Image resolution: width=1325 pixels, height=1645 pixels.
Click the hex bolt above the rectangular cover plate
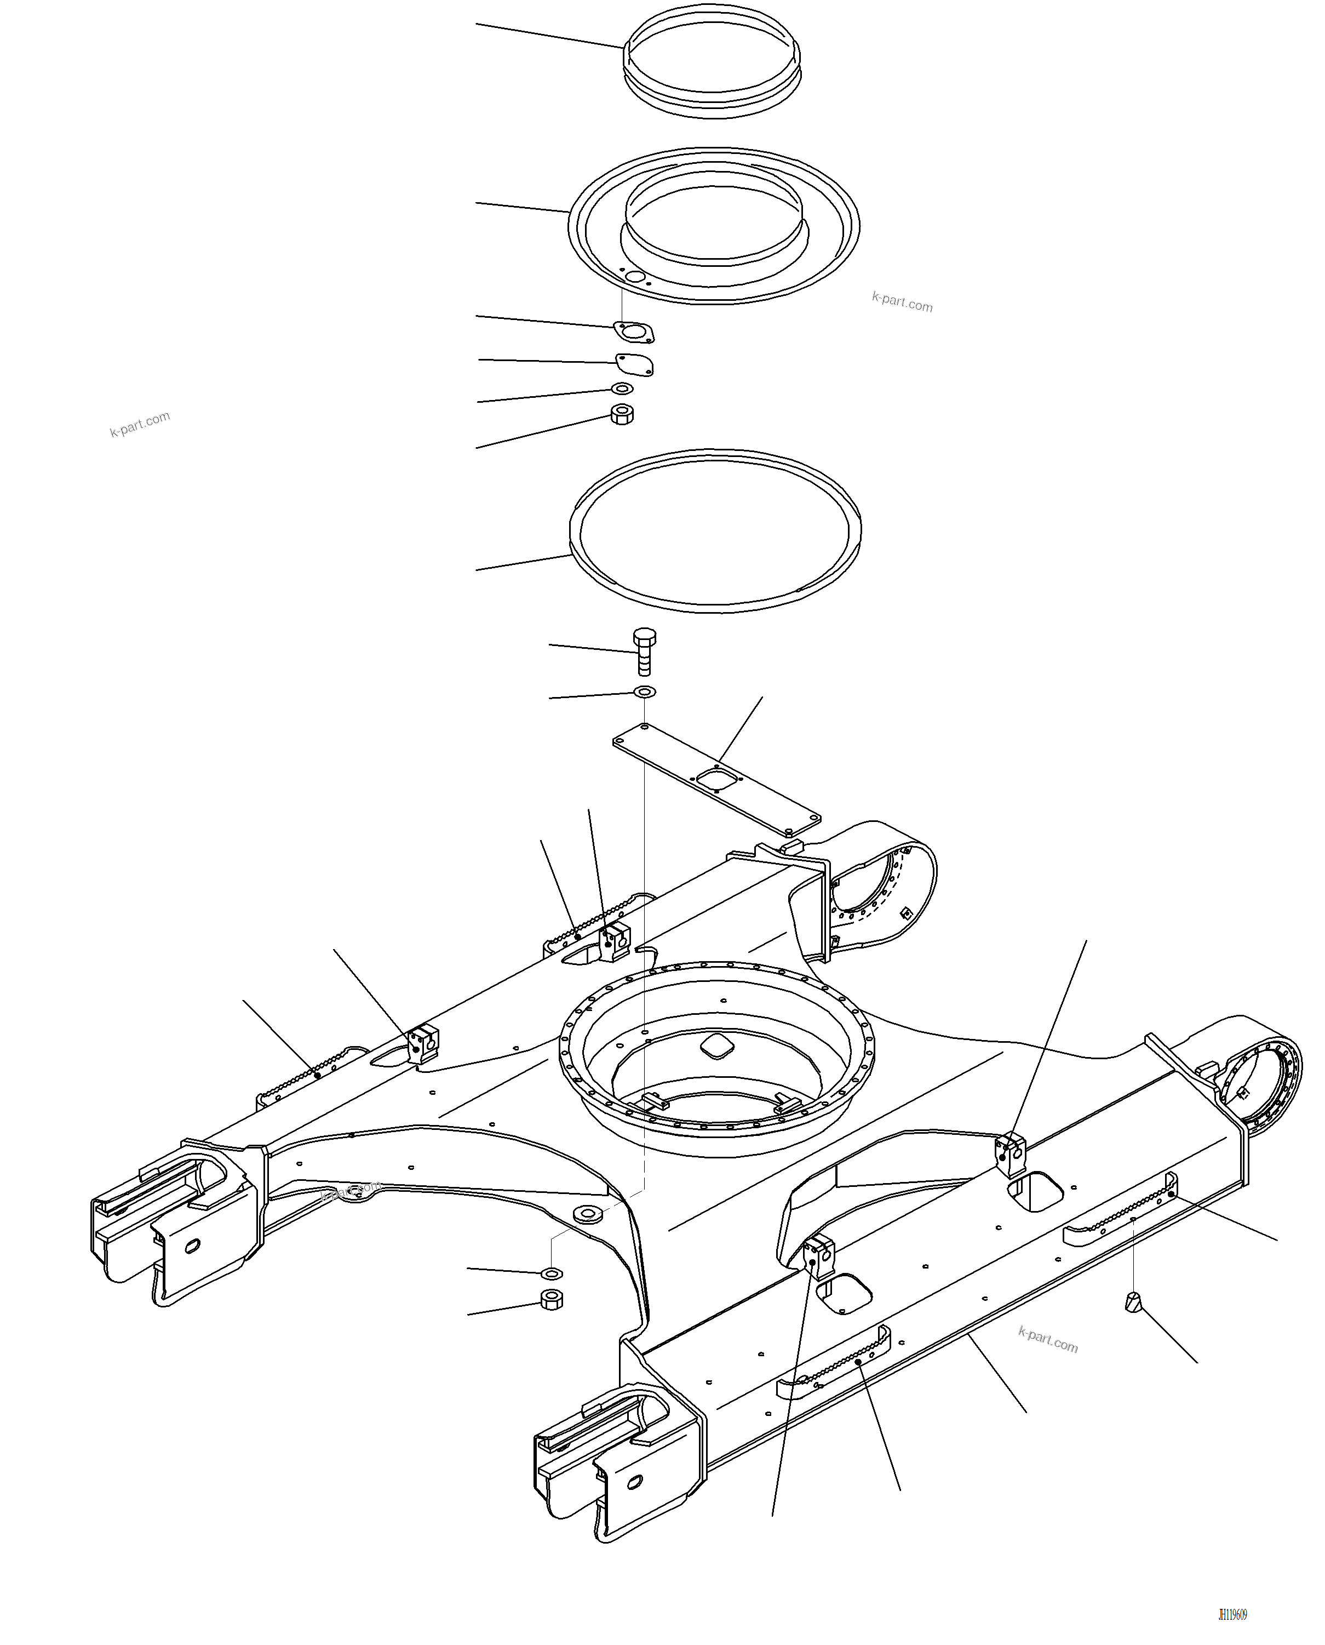(644, 651)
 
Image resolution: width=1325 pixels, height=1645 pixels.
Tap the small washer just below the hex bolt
(644, 692)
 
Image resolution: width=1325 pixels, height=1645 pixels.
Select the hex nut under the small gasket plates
(623, 414)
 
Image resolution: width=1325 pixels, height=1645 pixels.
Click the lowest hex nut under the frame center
(551, 1299)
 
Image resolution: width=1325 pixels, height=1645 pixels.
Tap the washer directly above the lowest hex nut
(551, 1272)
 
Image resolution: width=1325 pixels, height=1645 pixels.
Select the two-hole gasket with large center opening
(634, 332)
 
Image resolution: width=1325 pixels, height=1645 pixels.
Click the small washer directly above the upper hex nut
(623, 389)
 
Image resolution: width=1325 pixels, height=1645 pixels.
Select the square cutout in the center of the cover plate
(716, 778)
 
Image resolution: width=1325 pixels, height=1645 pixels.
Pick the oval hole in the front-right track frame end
(634, 1482)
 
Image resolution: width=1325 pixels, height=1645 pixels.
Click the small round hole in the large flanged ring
(635, 276)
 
